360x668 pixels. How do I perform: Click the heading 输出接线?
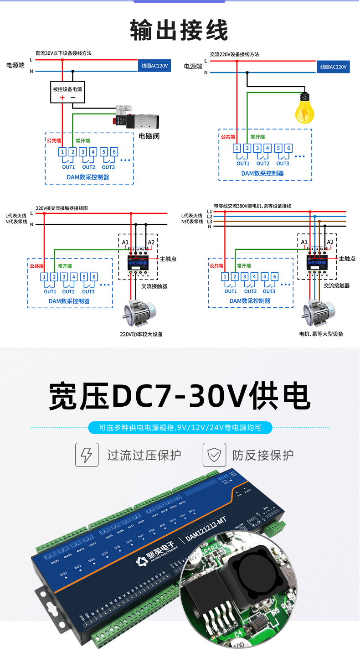coord(179,30)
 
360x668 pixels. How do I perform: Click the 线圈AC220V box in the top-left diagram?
coord(154,66)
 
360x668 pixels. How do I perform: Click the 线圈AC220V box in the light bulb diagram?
coord(333,67)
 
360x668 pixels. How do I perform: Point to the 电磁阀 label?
coord(149,136)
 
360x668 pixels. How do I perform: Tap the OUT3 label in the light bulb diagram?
coord(283,163)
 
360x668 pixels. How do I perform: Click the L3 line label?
coord(209,221)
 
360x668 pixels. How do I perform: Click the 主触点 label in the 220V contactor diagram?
coord(168,259)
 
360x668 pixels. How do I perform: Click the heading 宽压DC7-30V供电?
coord(179,395)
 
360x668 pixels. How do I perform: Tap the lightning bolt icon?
coord(87,455)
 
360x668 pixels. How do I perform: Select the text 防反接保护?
coord(263,455)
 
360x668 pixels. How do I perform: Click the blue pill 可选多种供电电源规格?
coord(180,428)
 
